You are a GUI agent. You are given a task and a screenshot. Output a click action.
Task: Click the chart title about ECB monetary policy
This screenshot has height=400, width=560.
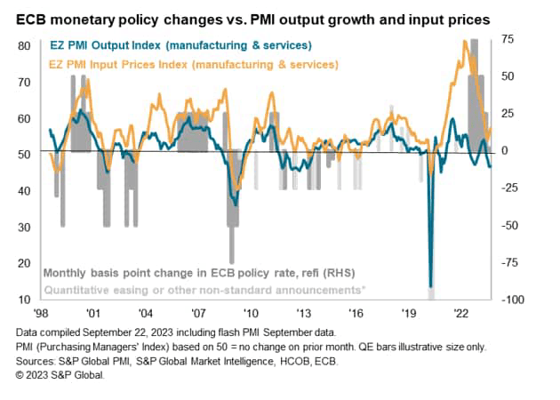[267, 18]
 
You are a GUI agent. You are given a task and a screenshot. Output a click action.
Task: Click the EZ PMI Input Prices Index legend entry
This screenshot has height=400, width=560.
[188, 64]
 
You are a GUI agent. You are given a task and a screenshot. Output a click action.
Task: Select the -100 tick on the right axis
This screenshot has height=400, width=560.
[513, 300]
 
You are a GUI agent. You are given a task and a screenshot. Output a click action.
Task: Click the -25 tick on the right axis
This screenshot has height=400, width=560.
[511, 188]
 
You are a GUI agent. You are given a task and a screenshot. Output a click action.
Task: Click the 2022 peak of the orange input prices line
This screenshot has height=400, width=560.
[466, 42]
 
